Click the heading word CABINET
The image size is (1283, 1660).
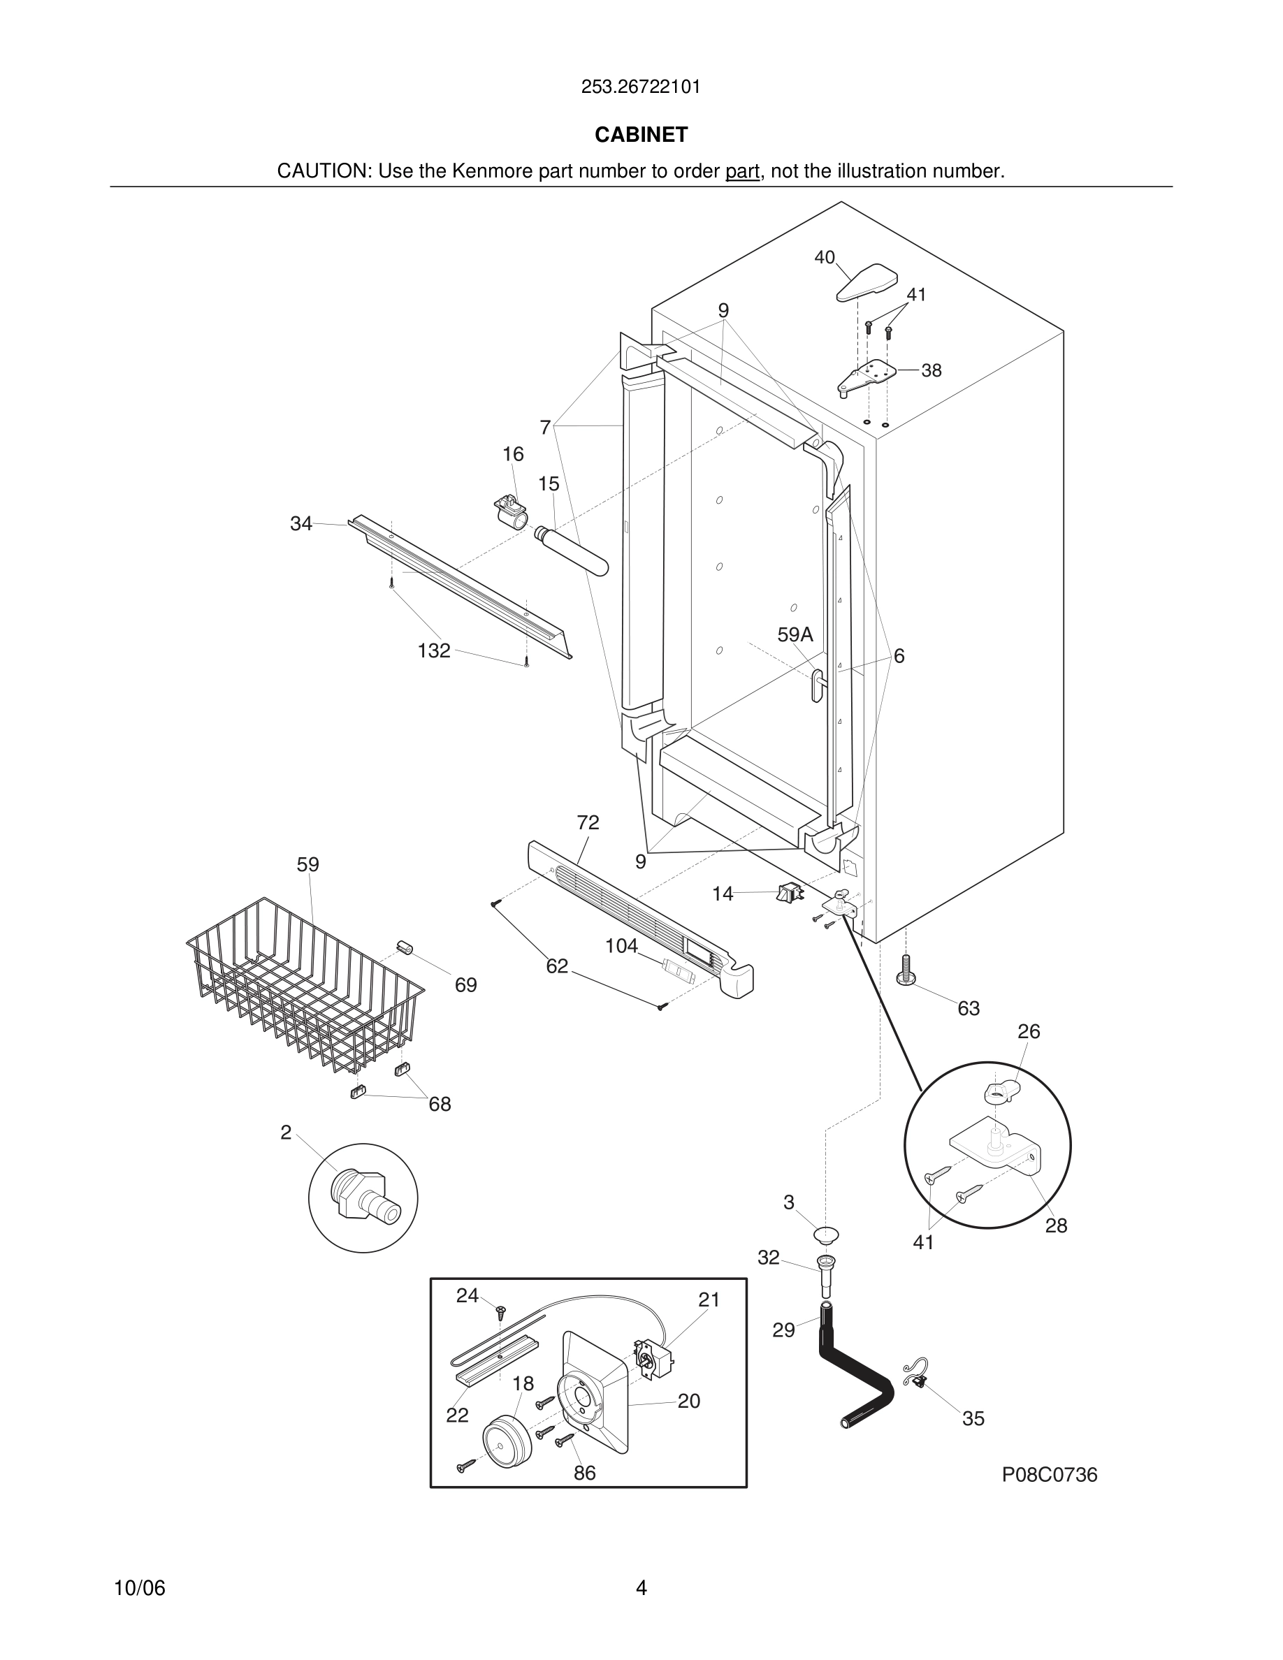tap(641, 135)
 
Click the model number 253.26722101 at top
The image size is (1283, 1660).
tap(641, 87)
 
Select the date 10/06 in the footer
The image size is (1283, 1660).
tap(139, 1588)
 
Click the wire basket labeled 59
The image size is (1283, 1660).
tap(304, 988)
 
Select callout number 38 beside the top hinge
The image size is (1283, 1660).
tap(931, 370)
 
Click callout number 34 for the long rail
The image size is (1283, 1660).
tap(301, 524)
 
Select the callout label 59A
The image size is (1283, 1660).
tap(795, 634)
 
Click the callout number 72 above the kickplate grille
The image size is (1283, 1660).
tap(588, 822)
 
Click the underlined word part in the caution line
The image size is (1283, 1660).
tap(742, 171)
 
